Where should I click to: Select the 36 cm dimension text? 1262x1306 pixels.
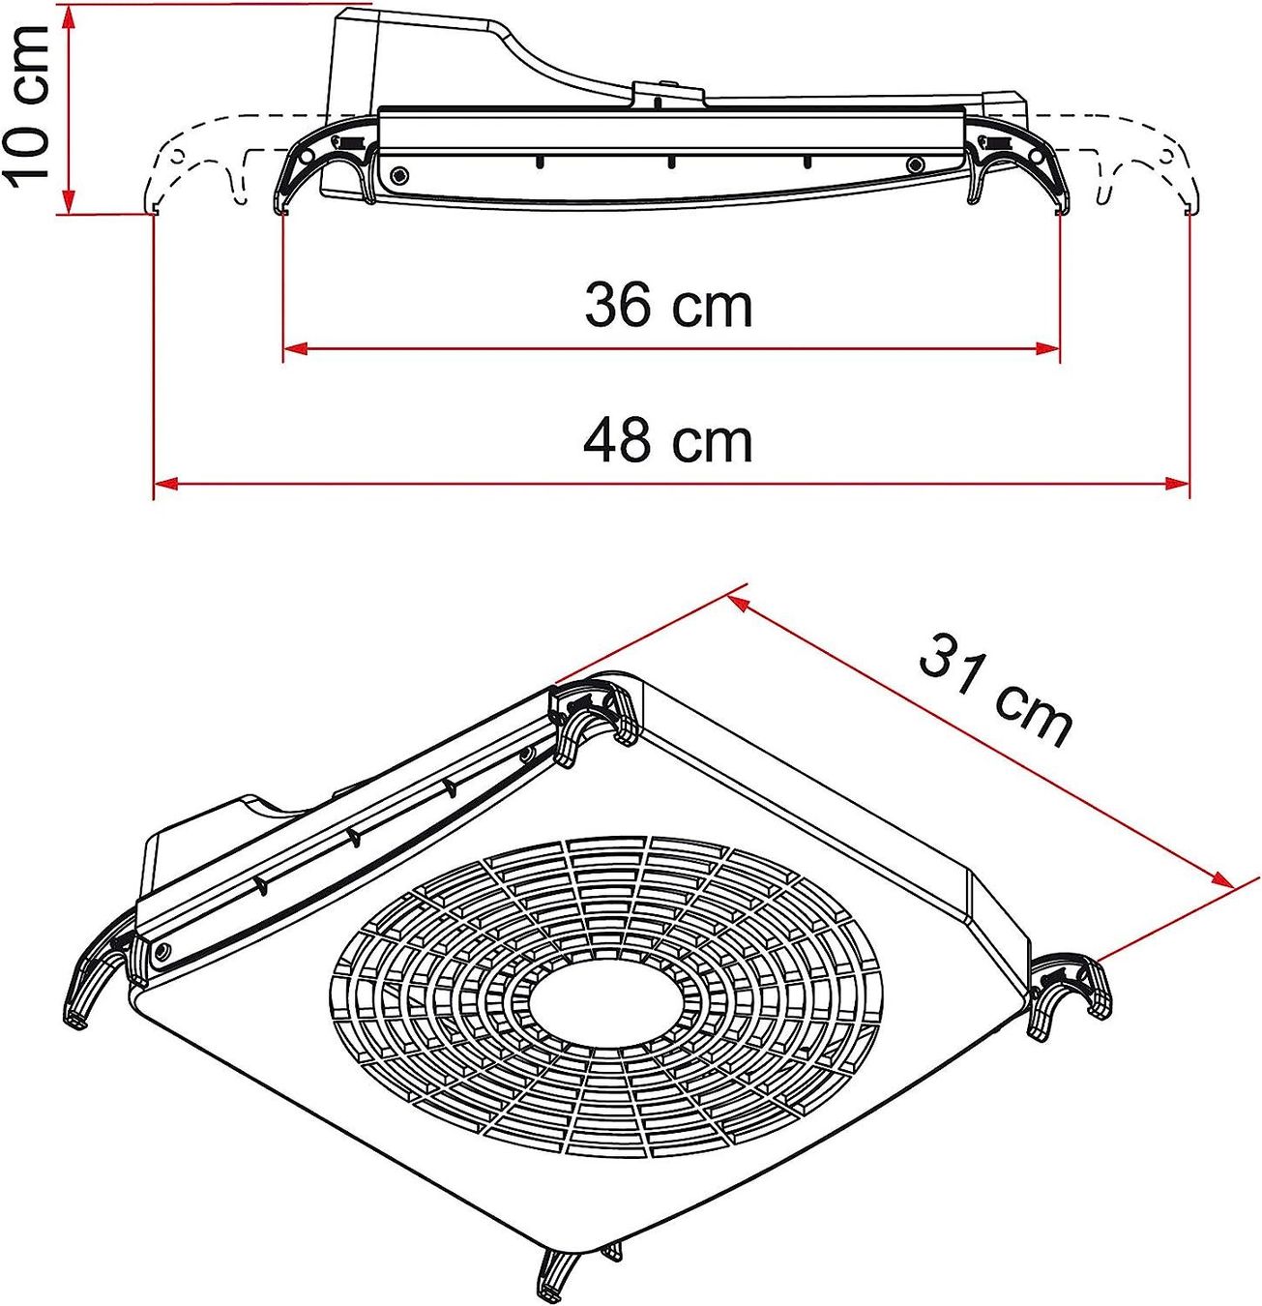(668, 306)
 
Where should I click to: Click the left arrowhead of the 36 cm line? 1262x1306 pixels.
(295, 348)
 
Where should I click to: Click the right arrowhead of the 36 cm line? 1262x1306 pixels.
(1047, 348)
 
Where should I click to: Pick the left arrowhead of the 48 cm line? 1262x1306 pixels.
(166, 483)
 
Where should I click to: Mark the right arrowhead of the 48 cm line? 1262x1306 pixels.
(1177, 483)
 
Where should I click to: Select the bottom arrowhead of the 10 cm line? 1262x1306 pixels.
(68, 200)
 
